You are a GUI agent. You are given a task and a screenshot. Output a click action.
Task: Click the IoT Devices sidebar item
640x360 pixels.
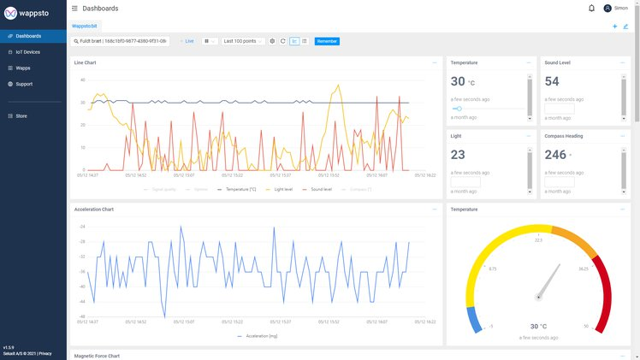(x=27, y=52)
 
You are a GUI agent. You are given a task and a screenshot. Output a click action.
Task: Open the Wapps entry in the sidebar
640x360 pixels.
(x=23, y=68)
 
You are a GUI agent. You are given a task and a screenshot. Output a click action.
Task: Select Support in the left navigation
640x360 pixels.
(x=24, y=84)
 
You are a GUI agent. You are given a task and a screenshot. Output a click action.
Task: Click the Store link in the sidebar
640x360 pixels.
(x=21, y=115)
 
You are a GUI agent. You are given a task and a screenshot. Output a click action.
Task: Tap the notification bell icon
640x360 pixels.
(x=591, y=9)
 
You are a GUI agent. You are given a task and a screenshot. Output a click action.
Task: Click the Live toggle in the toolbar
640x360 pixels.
(x=187, y=41)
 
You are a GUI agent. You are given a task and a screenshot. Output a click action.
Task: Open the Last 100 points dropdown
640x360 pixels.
(x=242, y=41)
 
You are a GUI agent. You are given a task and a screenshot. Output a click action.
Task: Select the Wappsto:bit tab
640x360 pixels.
(x=84, y=27)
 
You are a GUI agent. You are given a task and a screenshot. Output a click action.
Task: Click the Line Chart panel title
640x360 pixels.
(x=85, y=62)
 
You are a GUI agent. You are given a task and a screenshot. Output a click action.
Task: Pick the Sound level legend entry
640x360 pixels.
(x=317, y=189)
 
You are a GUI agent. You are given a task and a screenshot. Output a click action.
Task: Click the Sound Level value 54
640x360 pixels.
(x=552, y=81)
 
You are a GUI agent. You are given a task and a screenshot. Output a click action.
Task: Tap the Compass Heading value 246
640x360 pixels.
(x=555, y=155)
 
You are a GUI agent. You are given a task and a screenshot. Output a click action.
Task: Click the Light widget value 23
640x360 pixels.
(x=458, y=155)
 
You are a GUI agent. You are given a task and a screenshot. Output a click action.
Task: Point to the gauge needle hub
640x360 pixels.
(x=538, y=297)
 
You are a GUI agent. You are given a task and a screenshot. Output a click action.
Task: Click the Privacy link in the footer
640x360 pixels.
(x=44, y=353)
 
